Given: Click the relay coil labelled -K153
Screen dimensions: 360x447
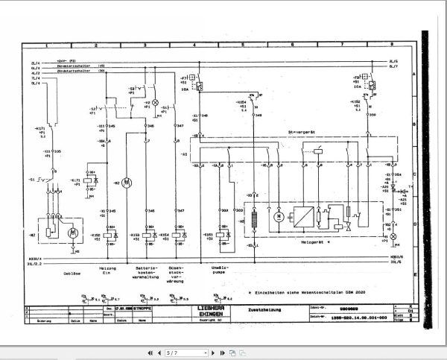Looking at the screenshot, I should [x=145, y=236].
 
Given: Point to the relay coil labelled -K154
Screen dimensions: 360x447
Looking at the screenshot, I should [x=177, y=236].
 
